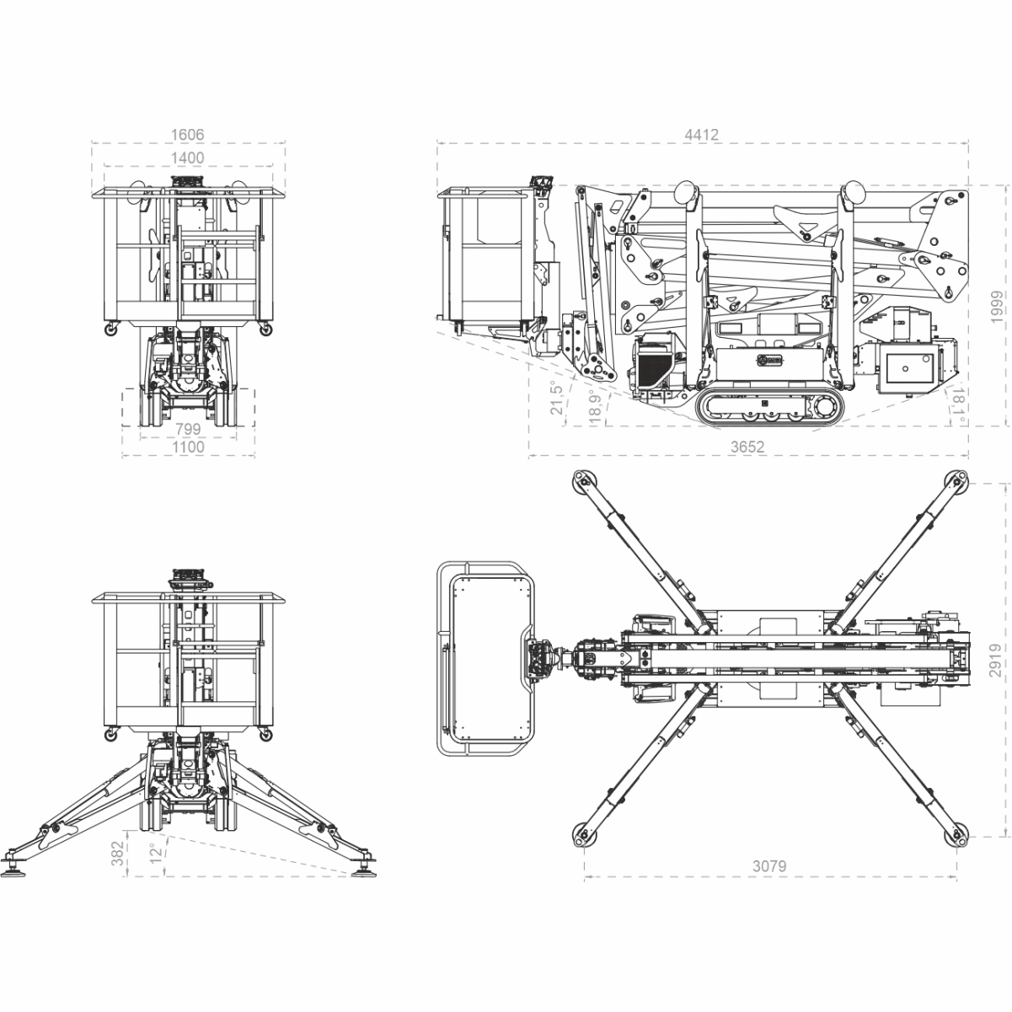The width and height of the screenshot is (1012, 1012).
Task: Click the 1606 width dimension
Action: (x=187, y=135)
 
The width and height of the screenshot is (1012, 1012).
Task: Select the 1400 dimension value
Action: (x=187, y=158)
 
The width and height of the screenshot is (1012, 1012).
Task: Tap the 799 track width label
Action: (x=188, y=429)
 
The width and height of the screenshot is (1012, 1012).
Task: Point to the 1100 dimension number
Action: (x=188, y=447)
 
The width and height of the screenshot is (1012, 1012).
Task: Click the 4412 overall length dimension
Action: (x=701, y=135)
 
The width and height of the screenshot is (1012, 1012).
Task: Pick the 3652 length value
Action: (x=748, y=447)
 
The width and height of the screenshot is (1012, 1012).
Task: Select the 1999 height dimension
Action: (x=996, y=308)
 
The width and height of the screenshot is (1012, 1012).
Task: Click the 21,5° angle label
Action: (x=557, y=398)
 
